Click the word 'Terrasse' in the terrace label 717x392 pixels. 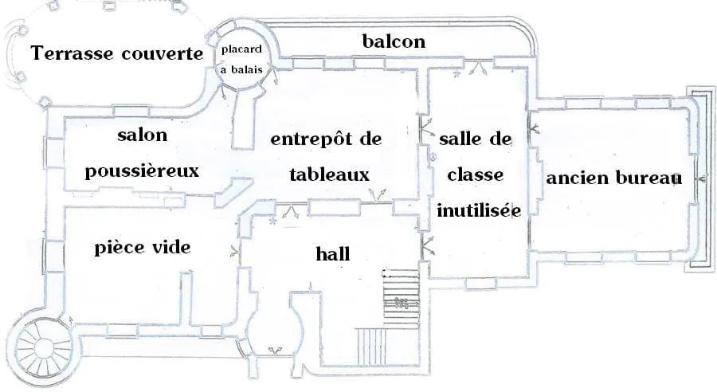[x=72, y=53]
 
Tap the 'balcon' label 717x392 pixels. [x=394, y=41]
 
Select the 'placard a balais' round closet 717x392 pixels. [x=242, y=57]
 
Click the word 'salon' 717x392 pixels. [x=143, y=135]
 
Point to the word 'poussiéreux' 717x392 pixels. [x=143, y=171]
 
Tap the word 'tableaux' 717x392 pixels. [x=329, y=174]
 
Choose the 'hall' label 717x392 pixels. [x=333, y=253]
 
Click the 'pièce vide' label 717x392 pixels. [x=143, y=248]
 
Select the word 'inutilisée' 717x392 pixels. [x=479, y=210]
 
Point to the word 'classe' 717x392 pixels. [x=475, y=174]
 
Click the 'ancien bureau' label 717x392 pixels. [x=613, y=178]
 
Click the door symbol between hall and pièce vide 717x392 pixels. [x=234, y=251]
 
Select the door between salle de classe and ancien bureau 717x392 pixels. [x=533, y=129]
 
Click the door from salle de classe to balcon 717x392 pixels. [x=479, y=68]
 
